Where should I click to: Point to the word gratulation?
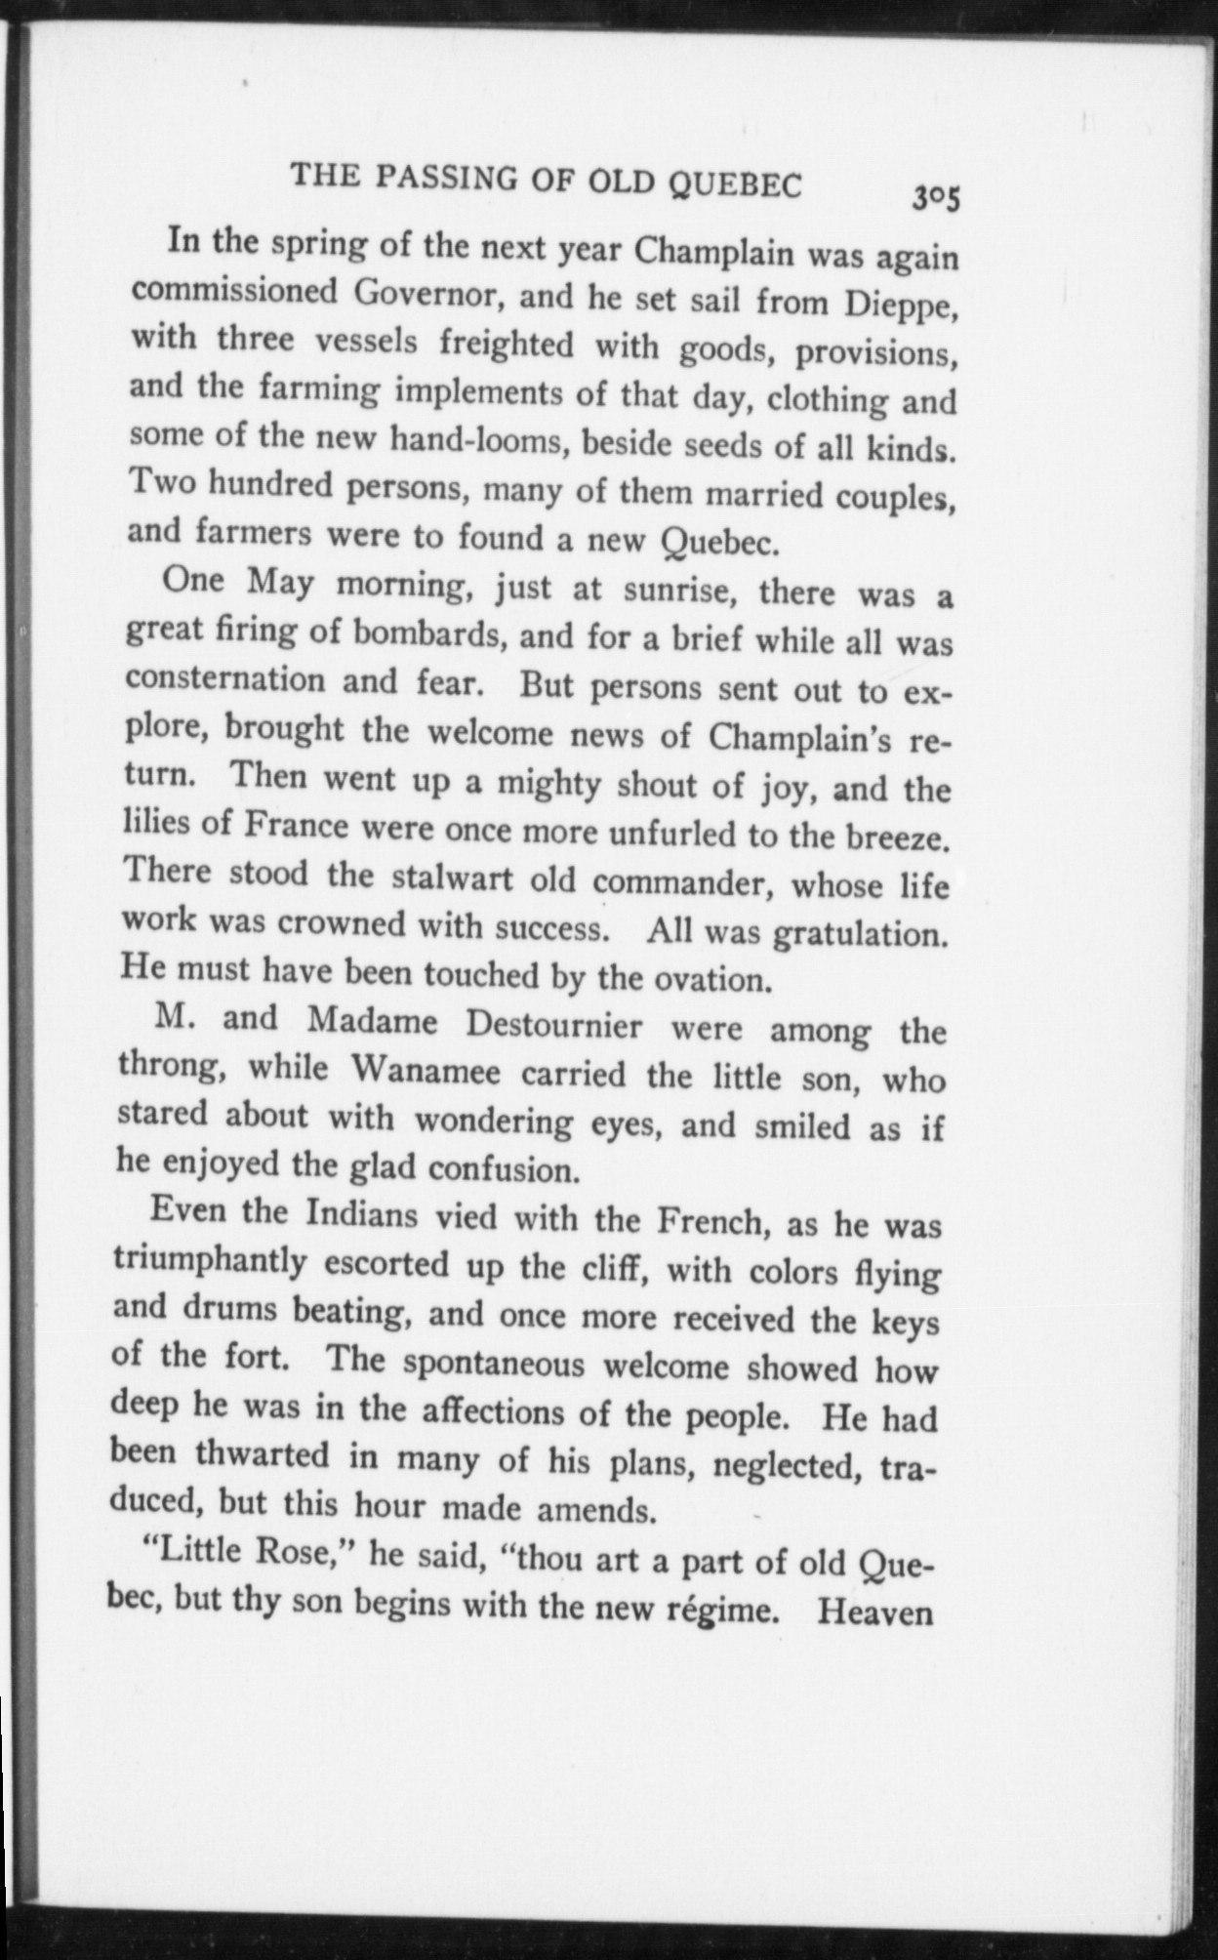click(x=859, y=935)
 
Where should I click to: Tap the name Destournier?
click(x=553, y=1026)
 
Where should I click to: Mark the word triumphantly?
click(x=210, y=1262)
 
